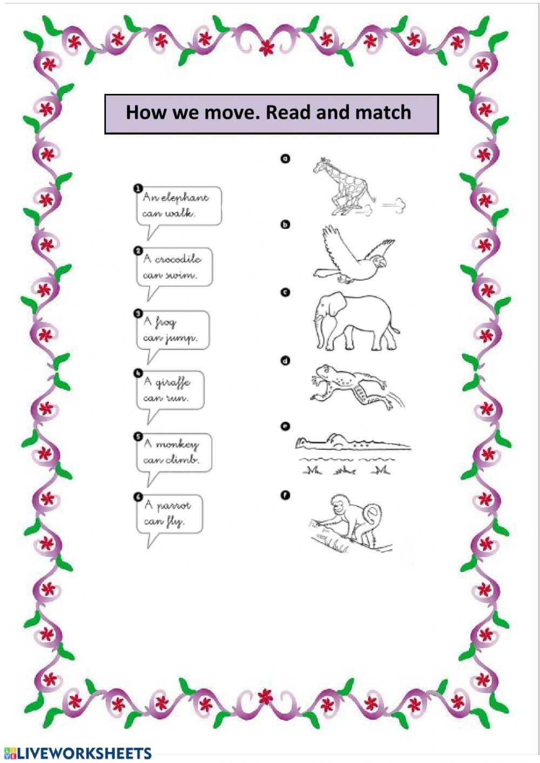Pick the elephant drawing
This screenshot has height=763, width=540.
[355, 321]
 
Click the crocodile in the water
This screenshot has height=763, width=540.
[351, 443]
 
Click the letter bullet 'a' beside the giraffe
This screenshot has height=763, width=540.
[285, 158]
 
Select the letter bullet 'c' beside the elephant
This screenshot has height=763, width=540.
[285, 292]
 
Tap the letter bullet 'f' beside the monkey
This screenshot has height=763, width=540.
[285, 494]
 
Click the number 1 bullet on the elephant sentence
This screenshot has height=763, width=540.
[138, 188]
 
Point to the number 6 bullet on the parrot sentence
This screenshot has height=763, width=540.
[138, 497]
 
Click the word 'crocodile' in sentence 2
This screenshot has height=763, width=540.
[178, 259]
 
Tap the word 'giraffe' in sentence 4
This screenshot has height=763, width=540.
[173, 382]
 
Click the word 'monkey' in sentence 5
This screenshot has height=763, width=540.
[177, 444]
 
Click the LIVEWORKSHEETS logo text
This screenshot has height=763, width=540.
[84, 754]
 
